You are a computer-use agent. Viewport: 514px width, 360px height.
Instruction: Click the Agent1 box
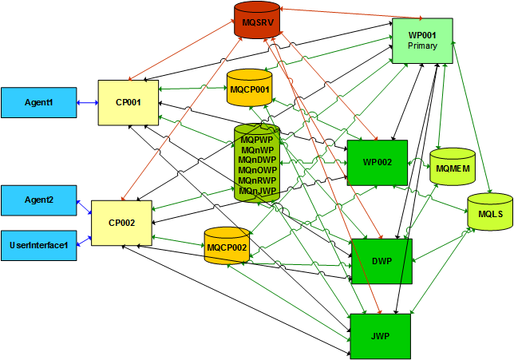(x=38, y=102)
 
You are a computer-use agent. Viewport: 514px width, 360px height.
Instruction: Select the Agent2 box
(x=38, y=200)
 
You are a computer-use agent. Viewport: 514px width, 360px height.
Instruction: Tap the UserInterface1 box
(x=38, y=245)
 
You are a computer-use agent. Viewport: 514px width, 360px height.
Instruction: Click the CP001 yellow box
(x=128, y=102)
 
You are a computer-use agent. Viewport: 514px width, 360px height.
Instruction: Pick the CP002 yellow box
(x=121, y=223)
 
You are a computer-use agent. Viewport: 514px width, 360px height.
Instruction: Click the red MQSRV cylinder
(x=258, y=22)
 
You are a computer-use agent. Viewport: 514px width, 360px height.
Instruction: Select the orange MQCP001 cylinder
(x=250, y=89)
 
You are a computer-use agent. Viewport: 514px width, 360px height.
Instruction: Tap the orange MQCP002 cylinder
(x=227, y=247)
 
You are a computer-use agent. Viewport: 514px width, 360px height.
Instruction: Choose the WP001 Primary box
(x=422, y=40)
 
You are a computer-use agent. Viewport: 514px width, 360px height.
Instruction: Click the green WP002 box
(x=377, y=163)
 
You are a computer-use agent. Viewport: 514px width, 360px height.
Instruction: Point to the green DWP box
(x=382, y=260)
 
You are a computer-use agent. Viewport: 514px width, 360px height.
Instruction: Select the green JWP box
(x=380, y=336)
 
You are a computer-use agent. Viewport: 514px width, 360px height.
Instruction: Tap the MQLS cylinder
(x=490, y=214)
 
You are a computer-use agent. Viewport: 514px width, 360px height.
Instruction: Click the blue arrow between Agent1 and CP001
(x=87, y=102)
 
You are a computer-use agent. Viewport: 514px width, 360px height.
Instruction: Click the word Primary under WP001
(x=422, y=45)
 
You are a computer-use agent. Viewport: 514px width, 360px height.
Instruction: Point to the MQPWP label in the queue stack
(x=257, y=139)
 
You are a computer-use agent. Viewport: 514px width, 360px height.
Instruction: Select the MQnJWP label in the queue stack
(x=257, y=191)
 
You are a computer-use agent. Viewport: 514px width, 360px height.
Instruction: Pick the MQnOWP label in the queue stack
(x=257, y=170)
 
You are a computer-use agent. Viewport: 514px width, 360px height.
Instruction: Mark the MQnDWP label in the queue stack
(x=257, y=160)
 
